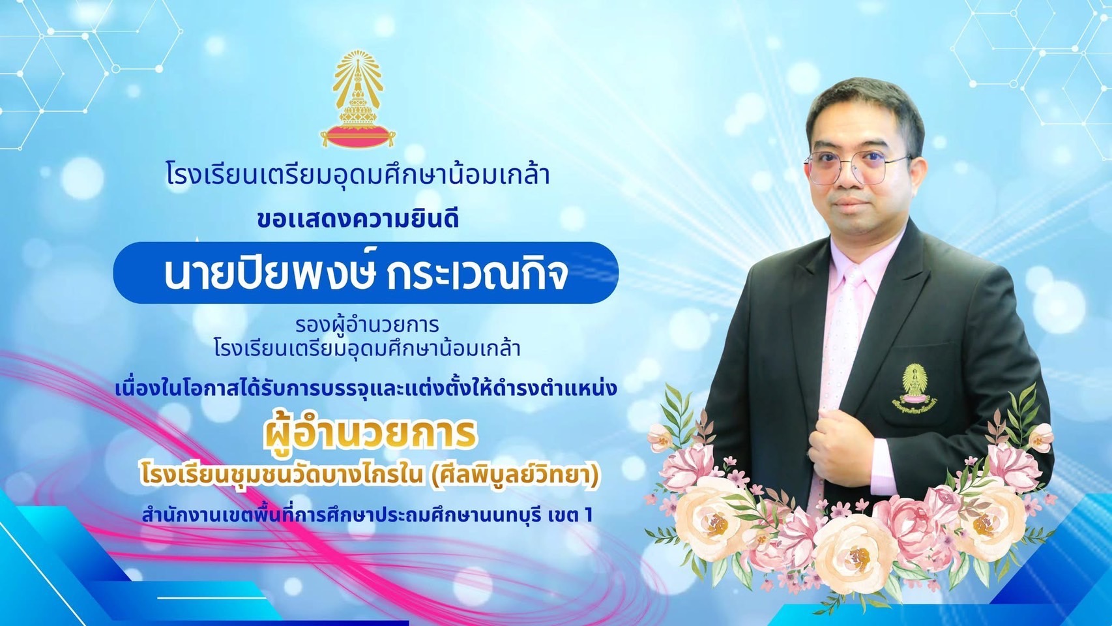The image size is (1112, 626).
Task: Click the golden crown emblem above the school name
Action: pos(358,98)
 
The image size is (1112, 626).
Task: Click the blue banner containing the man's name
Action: pos(366,273)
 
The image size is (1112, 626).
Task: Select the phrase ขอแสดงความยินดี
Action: pos(358,219)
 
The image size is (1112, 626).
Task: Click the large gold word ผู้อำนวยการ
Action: pos(370,433)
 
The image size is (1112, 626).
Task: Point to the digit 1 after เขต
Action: pos(589,515)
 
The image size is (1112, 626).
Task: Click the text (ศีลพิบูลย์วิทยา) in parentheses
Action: pos(513,475)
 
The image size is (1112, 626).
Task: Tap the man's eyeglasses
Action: pos(856,168)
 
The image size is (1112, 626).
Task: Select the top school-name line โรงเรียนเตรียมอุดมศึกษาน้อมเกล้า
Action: pos(358,175)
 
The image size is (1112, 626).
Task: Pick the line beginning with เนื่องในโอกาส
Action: pos(366,389)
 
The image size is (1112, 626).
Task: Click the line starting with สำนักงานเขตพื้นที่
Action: pos(367,515)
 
